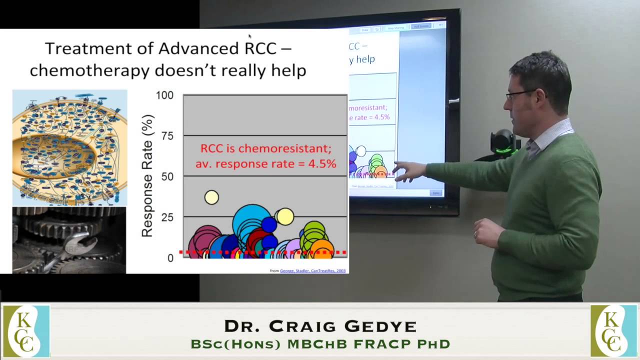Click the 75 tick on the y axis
167,135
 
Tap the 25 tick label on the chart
167,217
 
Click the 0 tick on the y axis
170,258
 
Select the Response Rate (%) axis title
147,176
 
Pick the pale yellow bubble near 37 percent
211,197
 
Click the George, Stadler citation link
312,271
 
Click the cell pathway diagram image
69,147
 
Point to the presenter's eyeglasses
520,94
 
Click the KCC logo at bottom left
26,331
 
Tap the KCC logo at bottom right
613,331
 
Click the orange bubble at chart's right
323,248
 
